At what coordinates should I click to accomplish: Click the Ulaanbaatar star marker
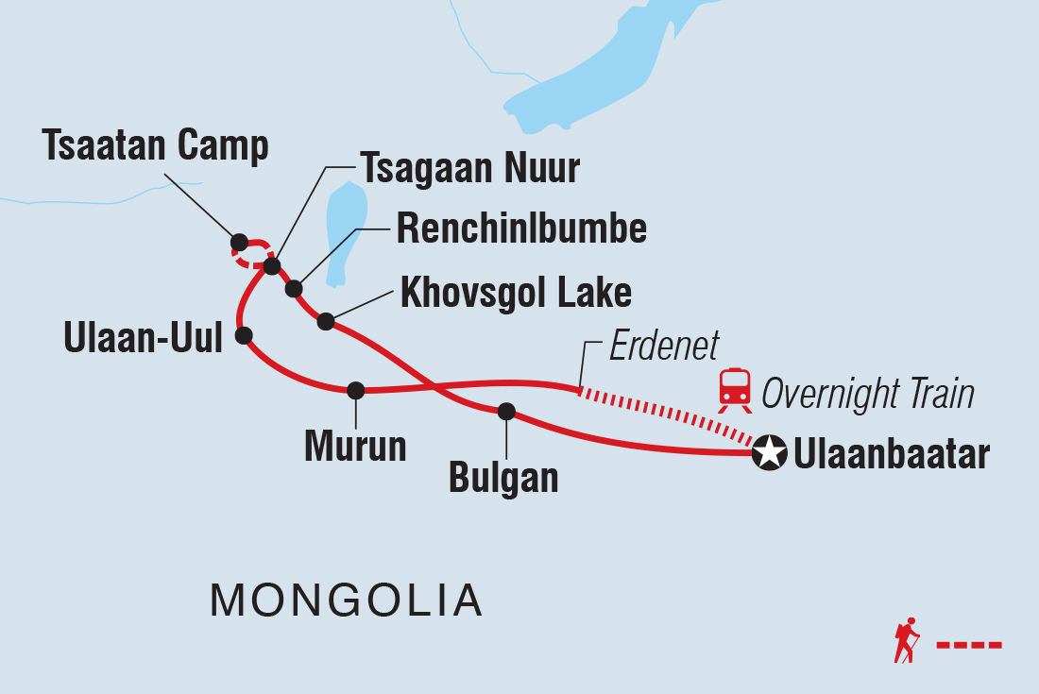click(769, 454)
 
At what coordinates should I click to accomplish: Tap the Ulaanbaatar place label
click(892, 455)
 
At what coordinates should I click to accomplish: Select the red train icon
click(735, 389)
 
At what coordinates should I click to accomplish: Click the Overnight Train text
click(867, 394)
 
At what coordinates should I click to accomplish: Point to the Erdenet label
click(663, 347)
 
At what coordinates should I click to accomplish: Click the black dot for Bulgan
click(506, 411)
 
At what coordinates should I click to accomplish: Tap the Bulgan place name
click(503, 478)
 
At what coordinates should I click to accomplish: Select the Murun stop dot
click(355, 390)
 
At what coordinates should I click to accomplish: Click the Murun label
click(355, 447)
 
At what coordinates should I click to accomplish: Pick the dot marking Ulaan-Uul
click(244, 334)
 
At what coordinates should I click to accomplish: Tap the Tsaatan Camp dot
click(239, 242)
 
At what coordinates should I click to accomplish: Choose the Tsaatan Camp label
click(155, 146)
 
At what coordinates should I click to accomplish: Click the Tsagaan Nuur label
click(469, 169)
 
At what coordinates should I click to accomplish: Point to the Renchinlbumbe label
click(521, 229)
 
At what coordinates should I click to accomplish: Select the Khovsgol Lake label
click(516, 293)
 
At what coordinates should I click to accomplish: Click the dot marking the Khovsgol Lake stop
click(326, 321)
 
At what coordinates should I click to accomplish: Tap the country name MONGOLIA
click(346, 600)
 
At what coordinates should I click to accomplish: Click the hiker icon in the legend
click(906, 641)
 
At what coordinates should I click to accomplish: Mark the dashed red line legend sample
click(968, 646)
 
